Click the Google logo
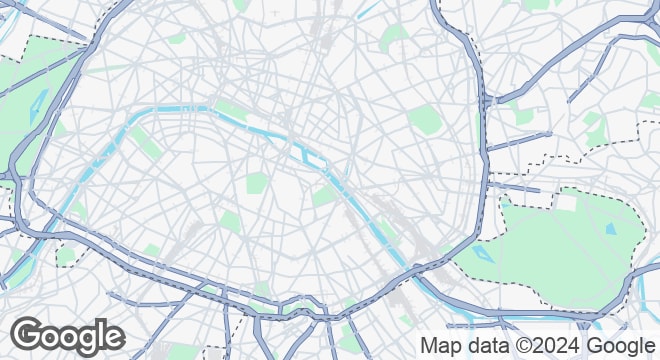[x=67, y=335]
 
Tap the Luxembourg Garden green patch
[x=257, y=183]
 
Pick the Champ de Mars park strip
[x=147, y=141]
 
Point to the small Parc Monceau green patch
[x=177, y=38]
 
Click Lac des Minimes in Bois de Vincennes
[x=611, y=228]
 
